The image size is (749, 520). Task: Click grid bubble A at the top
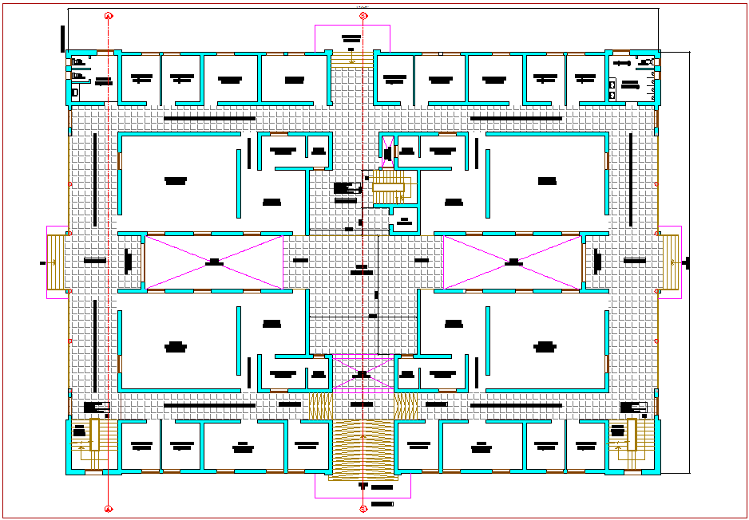click(109, 15)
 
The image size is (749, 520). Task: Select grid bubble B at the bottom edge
click(363, 507)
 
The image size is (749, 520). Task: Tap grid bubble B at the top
click(363, 15)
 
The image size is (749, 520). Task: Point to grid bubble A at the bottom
click(109, 507)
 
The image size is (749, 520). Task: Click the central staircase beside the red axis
click(389, 188)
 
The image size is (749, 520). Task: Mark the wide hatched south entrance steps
click(363, 451)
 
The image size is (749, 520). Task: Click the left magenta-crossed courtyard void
click(214, 262)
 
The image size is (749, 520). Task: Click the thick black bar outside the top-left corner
click(62, 37)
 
